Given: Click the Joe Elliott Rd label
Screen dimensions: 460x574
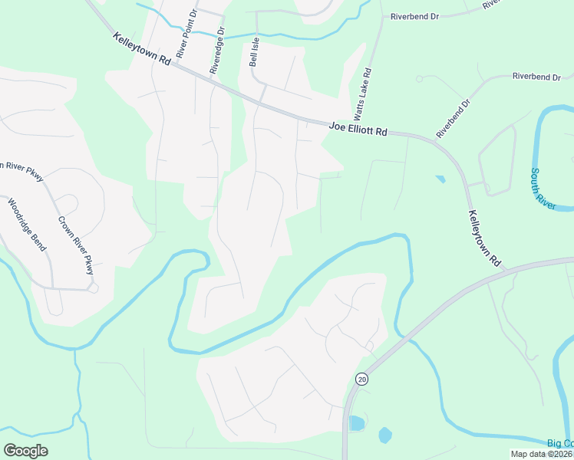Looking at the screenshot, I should point(358,128).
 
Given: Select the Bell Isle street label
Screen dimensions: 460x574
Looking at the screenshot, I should point(253,51).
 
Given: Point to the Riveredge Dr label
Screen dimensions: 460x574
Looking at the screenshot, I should point(217,52).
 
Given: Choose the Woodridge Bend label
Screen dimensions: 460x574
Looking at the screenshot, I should point(27,225).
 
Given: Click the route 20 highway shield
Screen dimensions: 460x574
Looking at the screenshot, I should point(361,379).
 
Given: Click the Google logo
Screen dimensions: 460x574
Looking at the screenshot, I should point(25,451).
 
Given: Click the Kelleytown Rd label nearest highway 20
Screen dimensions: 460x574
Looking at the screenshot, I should point(484,238).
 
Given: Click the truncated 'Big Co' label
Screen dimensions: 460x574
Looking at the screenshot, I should point(559,443).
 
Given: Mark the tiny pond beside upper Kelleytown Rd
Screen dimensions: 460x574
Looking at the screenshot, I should point(439,179).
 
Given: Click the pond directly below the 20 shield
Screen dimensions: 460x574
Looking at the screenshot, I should point(356,423).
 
